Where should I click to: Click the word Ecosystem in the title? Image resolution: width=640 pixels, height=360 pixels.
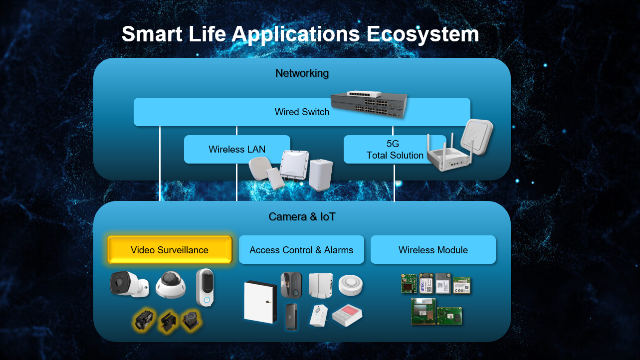pyautogui.click(x=423, y=34)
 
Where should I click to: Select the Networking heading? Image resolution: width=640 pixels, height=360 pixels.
pyautogui.click(x=302, y=73)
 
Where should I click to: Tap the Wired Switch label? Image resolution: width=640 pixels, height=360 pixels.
pyautogui.click(x=302, y=112)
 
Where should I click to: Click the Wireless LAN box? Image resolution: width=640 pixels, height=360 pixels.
pyautogui.click(x=237, y=149)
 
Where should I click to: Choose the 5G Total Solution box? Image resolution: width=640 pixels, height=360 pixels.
pyautogui.click(x=395, y=149)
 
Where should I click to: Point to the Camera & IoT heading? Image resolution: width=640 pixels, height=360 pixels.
pyautogui.click(x=302, y=217)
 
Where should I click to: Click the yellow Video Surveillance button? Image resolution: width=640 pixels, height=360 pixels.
pyautogui.click(x=170, y=250)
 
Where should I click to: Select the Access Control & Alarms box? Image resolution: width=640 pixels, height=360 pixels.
pyautogui.click(x=301, y=250)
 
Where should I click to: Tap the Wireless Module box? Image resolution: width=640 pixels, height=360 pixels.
pyautogui.click(x=433, y=250)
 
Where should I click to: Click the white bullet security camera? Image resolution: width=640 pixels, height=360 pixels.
pyautogui.click(x=129, y=284)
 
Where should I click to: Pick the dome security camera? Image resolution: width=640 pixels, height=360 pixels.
pyautogui.click(x=171, y=285)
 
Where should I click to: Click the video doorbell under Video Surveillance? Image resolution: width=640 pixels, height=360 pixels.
pyautogui.click(x=205, y=288)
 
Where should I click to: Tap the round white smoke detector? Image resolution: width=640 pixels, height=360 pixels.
pyautogui.click(x=351, y=285)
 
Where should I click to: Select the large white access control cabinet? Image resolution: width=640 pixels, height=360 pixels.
pyautogui.click(x=260, y=302)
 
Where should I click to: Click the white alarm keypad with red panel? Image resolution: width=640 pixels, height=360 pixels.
pyautogui.click(x=347, y=315)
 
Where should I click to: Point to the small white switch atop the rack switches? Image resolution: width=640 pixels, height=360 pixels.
pyautogui.click(x=364, y=94)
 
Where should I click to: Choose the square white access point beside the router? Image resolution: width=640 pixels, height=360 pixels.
pyautogui.click(x=477, y=137)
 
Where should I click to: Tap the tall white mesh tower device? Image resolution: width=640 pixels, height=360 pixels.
pyautogui.click(x=321, y=175)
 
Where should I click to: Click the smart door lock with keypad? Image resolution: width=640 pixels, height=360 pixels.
pyautogui.click(x=291, y=285)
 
